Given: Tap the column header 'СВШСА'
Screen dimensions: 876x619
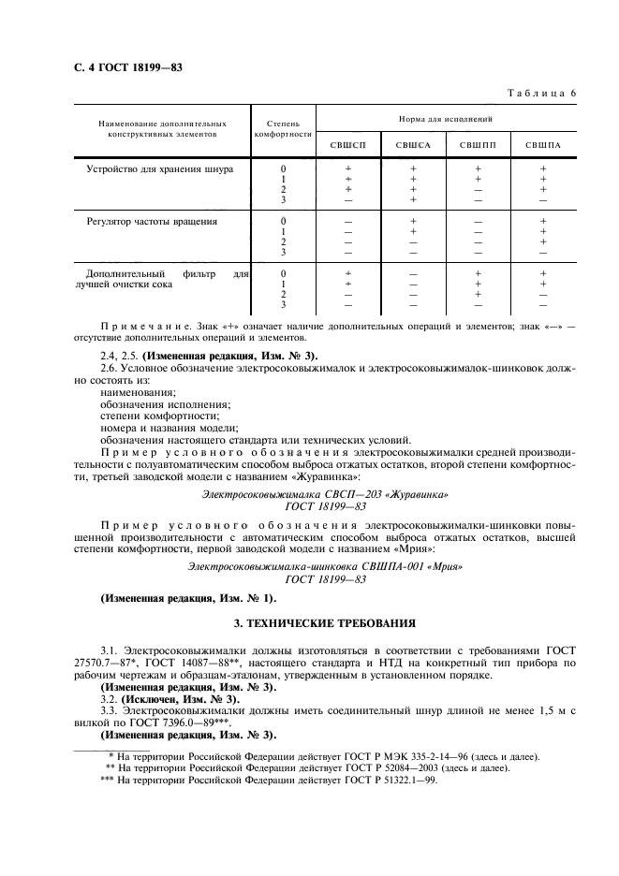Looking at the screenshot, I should point(413,144).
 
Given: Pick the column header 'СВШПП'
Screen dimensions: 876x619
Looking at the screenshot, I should point(478,144).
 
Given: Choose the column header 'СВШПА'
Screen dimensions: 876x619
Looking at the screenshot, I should point(542,144).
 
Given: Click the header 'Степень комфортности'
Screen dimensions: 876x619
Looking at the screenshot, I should point(283,128).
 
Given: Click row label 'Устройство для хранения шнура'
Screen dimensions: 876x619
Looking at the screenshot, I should point(160,169).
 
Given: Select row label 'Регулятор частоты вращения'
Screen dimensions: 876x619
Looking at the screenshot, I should point(152,222).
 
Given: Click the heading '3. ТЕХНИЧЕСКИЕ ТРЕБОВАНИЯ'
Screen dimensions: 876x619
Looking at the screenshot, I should point(324,622).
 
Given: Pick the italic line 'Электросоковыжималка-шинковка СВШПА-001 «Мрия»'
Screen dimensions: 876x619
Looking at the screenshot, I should point(324,566).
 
